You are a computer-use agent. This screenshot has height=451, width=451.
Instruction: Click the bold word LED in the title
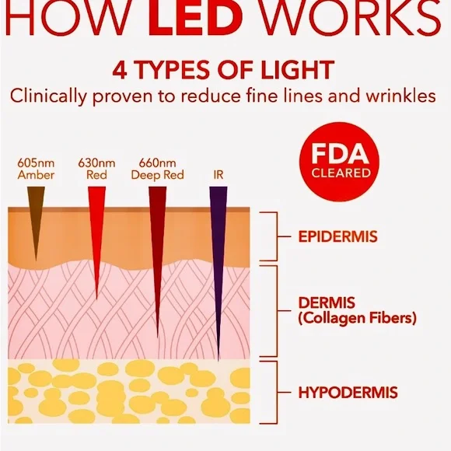195,17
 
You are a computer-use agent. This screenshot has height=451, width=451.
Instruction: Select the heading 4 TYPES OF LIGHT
223,70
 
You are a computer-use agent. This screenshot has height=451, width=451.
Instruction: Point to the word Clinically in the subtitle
48,96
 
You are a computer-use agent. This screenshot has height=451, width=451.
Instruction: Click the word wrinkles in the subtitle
400,96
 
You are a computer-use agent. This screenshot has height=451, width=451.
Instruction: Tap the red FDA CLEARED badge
339,162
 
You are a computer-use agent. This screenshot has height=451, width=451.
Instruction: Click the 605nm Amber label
36,169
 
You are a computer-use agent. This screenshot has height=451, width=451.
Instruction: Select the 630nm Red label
96,169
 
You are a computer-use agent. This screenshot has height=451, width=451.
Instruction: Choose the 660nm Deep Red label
157,169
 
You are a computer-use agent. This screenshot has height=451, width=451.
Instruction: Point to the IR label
219,175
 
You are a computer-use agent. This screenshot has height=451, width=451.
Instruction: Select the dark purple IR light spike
219,259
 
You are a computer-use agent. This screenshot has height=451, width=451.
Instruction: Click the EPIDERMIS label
337,236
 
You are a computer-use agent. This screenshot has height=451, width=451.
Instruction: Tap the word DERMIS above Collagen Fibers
327,303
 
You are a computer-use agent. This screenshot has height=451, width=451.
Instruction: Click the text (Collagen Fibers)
357,318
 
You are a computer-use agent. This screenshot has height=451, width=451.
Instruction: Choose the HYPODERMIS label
348,393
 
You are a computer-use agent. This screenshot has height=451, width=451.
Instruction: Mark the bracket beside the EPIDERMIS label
278,236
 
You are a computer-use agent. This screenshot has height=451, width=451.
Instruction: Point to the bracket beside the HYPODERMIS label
278,393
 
